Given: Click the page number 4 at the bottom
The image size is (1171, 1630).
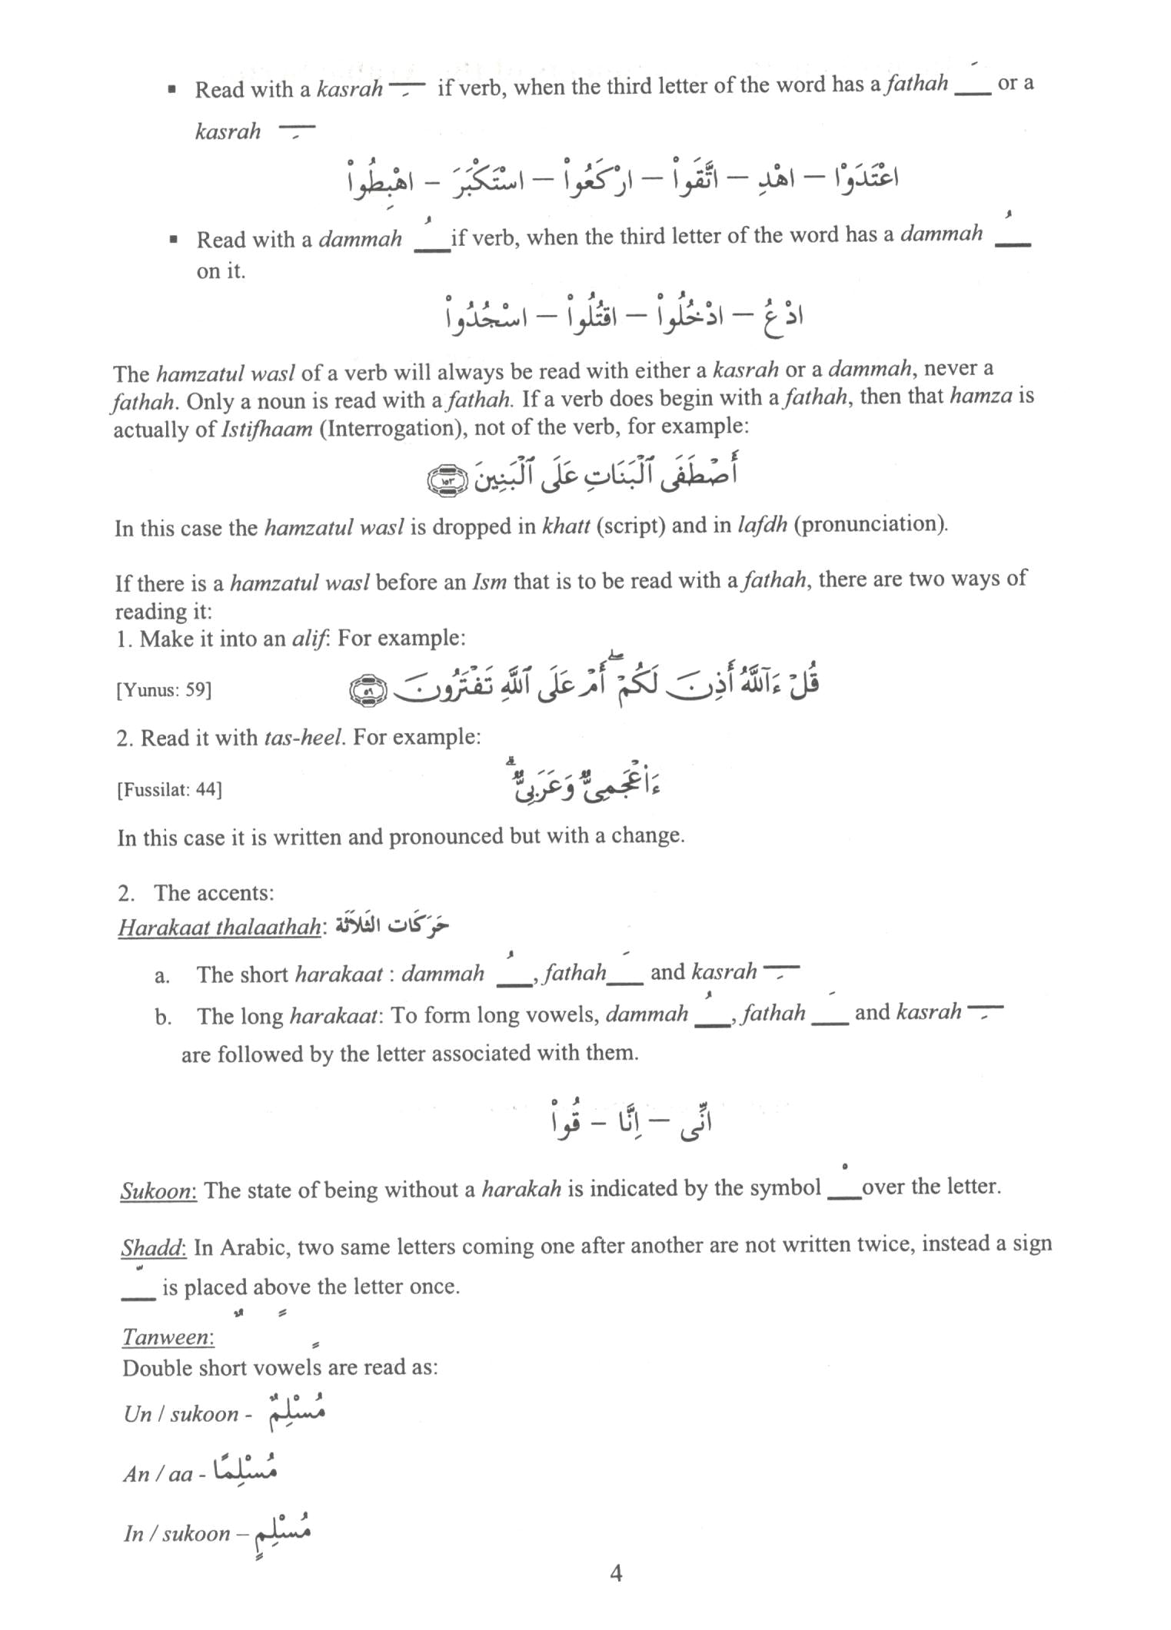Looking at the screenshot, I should click(615, 1573).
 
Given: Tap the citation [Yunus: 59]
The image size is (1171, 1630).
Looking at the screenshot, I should click(164, 689).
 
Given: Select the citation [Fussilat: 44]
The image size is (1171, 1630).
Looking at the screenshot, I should click(169, 790).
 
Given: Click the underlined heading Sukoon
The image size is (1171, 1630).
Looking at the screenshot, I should click(158, 1190).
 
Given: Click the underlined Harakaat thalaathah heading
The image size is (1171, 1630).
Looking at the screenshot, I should click(219, 928).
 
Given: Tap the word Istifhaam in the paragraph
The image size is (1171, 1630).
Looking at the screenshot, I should click(267, 429).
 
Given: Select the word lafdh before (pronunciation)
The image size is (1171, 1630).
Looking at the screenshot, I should click(762, 525).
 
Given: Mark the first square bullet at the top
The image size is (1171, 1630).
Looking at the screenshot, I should click(173, 90).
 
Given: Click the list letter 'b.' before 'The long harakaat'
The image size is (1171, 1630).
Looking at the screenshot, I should click(162, 1018).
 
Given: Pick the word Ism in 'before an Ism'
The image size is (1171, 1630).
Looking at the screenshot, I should click(487, 582).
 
